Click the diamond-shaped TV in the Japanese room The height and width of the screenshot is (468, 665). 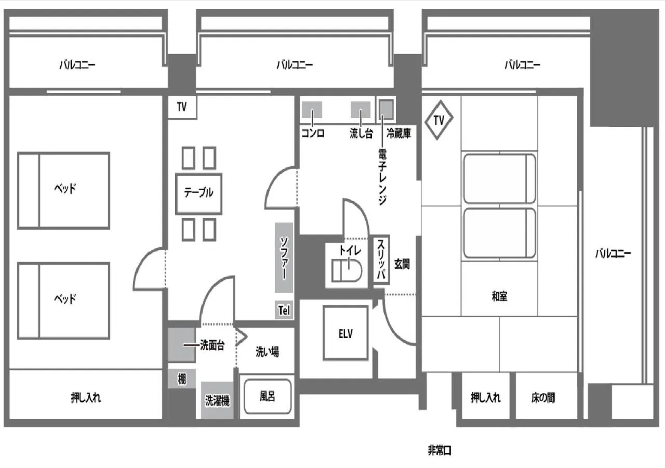pos(439,121)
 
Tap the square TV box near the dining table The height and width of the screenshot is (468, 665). pos(182,108)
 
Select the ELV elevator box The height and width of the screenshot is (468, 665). pos(345,333)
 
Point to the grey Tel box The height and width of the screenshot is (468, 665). pos(284,310)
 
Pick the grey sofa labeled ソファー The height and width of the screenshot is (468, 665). pos(284,258)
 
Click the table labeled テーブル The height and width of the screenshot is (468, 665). pos(199,193)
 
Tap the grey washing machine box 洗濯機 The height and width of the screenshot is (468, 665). pos(217,400)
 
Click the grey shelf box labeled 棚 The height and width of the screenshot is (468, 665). pos(182,379)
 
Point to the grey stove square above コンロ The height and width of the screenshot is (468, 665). pos(312,110)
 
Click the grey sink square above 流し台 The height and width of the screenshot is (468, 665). pos(361,110)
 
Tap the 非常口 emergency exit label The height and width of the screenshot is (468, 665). pos(440,451)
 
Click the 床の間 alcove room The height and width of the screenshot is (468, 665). pos(543,397)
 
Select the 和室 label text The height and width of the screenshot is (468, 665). pos(500,297)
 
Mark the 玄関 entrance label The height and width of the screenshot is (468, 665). pos(402,264)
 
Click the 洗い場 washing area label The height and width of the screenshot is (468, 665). pos(267,352)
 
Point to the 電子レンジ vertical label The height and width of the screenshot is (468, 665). pos(382,177)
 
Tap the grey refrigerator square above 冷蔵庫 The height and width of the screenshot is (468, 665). pos(387,109)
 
